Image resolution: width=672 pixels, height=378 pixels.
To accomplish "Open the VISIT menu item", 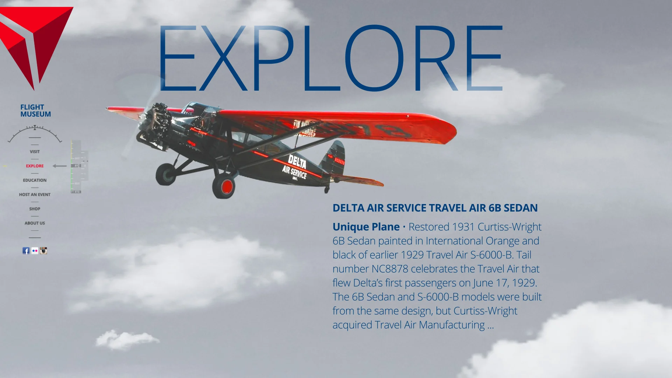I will coord(35,152).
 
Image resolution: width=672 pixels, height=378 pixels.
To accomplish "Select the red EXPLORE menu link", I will coord(35,166).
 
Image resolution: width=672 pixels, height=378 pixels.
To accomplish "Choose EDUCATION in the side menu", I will coord(35,180).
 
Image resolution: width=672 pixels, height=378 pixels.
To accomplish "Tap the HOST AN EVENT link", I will coord(35,195).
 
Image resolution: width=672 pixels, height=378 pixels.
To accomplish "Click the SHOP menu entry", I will coord(35,209).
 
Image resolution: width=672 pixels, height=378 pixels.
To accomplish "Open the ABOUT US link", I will coord(35,223).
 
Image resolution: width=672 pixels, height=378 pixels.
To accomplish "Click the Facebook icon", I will coord(26,251).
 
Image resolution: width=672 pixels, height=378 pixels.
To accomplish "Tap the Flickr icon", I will coord(35,251).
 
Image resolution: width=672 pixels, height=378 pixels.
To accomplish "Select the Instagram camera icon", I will coord(43,251).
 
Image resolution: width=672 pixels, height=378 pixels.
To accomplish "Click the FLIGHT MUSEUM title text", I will coord(35,111).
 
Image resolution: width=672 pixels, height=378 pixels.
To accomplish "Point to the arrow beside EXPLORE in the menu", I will coord(59,166).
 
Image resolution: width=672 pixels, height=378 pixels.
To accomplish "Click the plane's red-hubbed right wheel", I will coord(224,186).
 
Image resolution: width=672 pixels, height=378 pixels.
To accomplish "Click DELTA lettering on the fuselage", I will coord(297,162).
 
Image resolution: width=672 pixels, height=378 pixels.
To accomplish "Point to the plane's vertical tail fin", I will coord(334,157).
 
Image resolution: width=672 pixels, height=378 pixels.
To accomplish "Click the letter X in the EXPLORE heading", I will coord(224,58).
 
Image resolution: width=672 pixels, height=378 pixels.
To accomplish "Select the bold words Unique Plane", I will coord(366,227).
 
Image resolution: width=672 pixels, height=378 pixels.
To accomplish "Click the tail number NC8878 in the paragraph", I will coord(390,269).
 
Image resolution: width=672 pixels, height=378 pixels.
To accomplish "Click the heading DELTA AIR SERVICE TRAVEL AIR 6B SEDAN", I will coord(435,208).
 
